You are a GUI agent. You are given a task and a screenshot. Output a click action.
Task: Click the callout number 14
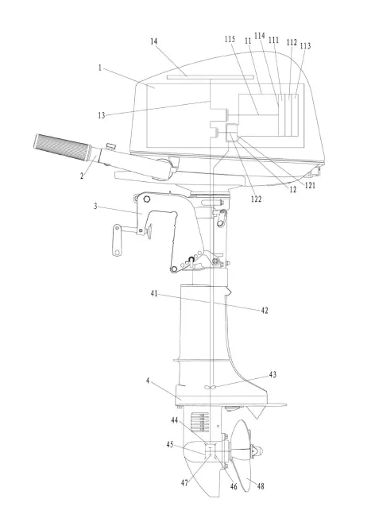[153, 41]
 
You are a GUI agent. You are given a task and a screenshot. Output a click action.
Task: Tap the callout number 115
[230, 39]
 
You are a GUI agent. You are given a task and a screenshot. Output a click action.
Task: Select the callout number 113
[305, 45]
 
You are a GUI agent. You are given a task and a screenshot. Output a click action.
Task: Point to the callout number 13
[102, 115]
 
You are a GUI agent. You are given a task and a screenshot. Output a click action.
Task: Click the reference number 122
[256, 199]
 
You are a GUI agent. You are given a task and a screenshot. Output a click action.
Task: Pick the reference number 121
[310, 185]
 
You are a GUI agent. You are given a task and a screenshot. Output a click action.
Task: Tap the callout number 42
[265, 311]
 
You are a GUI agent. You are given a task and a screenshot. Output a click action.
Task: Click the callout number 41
[154, 294]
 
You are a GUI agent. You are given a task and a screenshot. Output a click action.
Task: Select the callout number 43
[273, 374]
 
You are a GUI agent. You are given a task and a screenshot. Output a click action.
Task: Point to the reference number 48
[261, 486]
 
